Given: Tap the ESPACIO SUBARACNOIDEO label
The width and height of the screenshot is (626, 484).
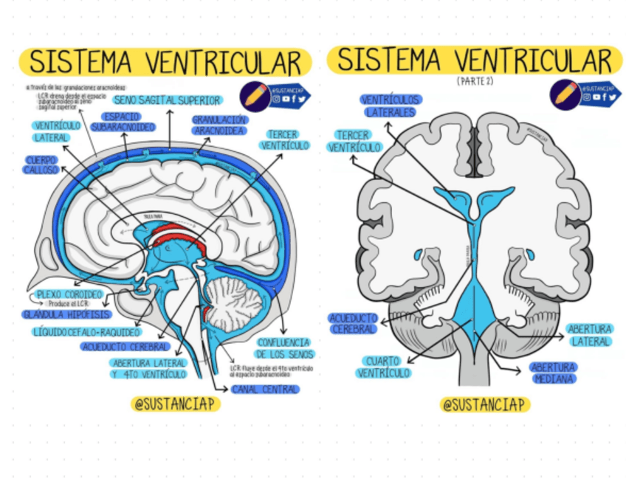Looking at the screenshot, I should pos(123,122).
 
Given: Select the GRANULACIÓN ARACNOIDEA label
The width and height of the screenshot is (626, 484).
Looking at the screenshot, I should pos(220,125).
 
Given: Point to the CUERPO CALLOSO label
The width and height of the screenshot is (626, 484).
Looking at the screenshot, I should pos(41,165).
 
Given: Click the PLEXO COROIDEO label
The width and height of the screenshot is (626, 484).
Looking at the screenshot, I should pos(69,294).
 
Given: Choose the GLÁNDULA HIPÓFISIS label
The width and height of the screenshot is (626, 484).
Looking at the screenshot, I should pos(66,314).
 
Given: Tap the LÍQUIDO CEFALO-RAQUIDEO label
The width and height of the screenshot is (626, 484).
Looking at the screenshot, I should pos(86,333).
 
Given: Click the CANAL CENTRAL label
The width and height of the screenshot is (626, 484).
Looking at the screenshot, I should pos(266,389).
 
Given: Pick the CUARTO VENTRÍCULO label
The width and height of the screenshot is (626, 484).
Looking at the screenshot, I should pos(383,367).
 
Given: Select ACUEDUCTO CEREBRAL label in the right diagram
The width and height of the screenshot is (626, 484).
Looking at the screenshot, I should pos(354,323).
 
